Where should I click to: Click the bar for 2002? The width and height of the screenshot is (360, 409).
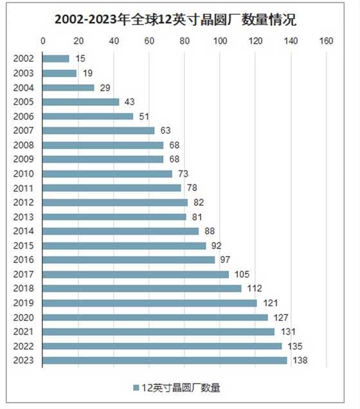coord(56,59)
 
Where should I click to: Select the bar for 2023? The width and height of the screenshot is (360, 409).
coord(165,361)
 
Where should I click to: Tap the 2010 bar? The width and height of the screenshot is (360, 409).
coord(107,174)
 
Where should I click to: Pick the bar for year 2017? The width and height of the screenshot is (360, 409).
coord(136,275)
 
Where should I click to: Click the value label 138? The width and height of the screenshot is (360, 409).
coord(300,361)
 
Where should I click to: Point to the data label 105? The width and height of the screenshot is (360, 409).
coord(242,275)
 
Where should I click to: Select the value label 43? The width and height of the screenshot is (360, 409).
coord(130,102)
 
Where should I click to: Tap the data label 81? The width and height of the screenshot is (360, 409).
coord(197,217)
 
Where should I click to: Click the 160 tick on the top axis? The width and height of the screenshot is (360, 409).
coord(326,41)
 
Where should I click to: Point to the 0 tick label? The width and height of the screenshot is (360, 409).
coord(43,41)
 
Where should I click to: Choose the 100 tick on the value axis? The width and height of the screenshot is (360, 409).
coord(220,41)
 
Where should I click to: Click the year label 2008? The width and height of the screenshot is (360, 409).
coord(23,145)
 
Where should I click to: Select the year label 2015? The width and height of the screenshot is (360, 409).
coord(23,246)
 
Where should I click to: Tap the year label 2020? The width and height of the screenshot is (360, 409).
coord(23,318)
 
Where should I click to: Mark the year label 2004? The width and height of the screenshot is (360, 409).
coord(23,87)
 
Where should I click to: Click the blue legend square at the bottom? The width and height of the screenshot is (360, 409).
coord(136,388)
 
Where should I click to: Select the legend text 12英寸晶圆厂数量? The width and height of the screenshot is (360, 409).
coord(181,388)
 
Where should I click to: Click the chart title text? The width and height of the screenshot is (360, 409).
coord(175,19)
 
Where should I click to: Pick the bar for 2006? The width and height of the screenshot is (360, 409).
coord(88,116)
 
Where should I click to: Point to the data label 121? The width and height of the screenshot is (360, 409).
coord(271,303)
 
